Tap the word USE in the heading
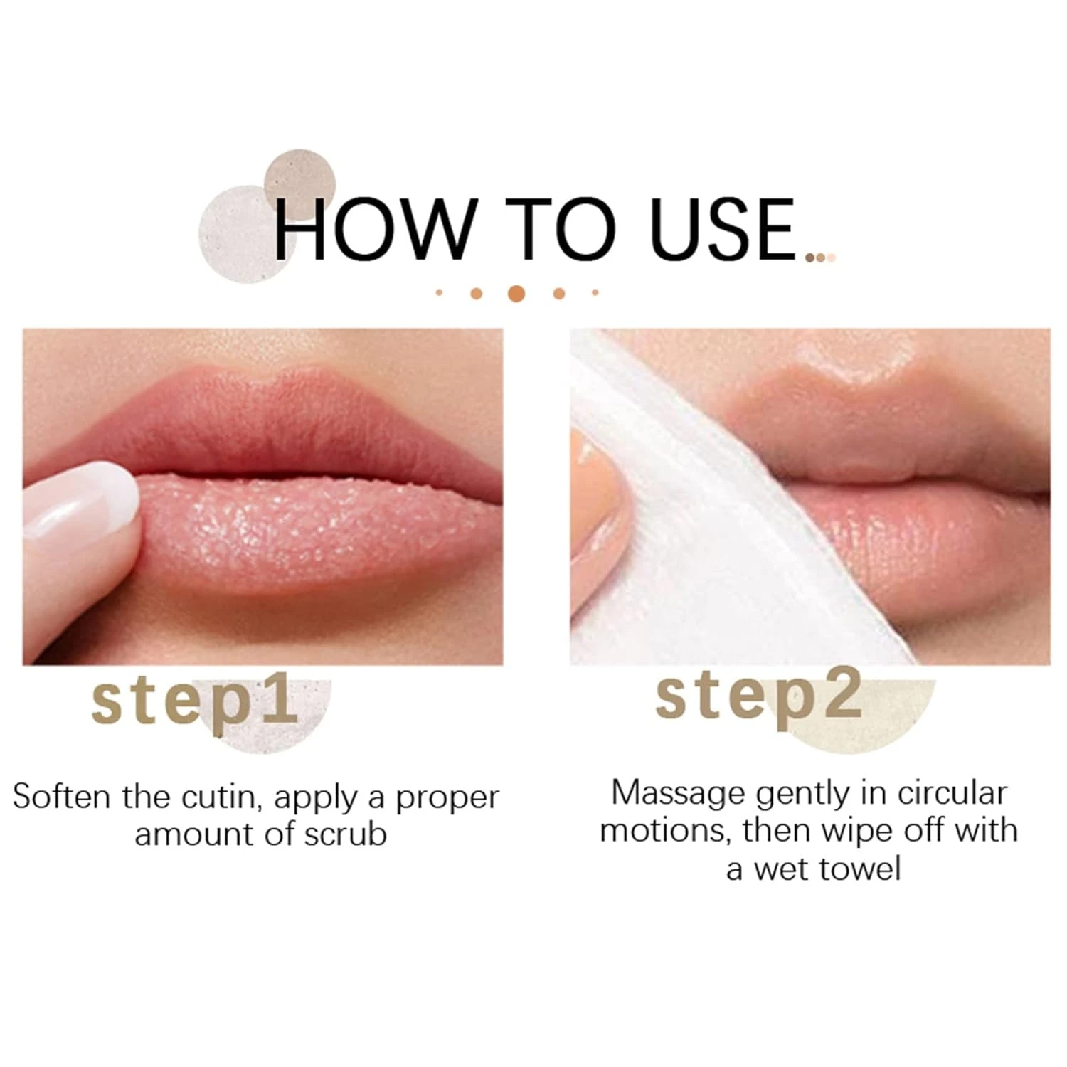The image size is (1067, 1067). [x=724, y=229]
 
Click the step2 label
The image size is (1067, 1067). [x=758, y=698]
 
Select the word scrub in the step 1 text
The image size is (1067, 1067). [x=346, y=834]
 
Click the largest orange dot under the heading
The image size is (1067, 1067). [x=517, y=292]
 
